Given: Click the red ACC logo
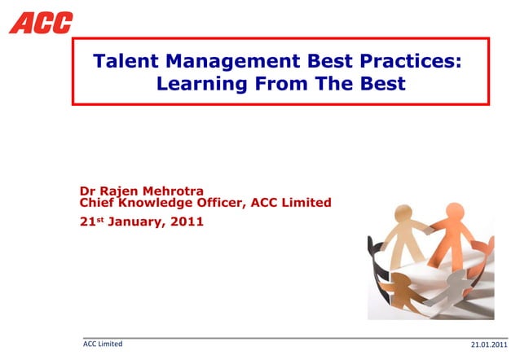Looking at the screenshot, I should point(41,22).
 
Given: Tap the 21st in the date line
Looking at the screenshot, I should point(91,221).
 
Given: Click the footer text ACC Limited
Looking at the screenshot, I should point(104,344).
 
